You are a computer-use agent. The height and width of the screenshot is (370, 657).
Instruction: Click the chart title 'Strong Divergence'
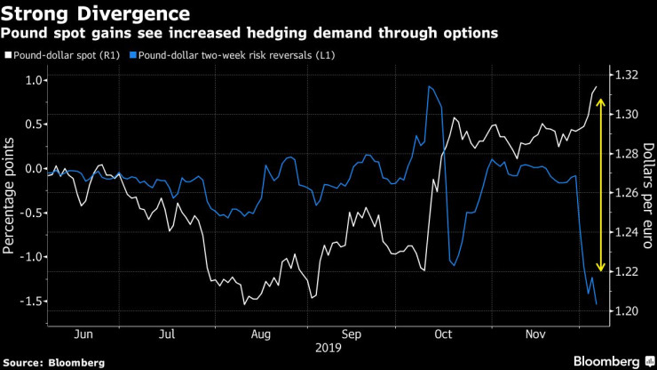(95, 14)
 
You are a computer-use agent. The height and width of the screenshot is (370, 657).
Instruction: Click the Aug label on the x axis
(261, 334)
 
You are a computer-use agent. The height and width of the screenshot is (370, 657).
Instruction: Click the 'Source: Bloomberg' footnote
(54, 362)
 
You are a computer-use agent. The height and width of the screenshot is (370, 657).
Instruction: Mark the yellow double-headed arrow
(601, 185)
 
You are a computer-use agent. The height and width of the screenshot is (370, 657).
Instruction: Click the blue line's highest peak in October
(429, 86)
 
